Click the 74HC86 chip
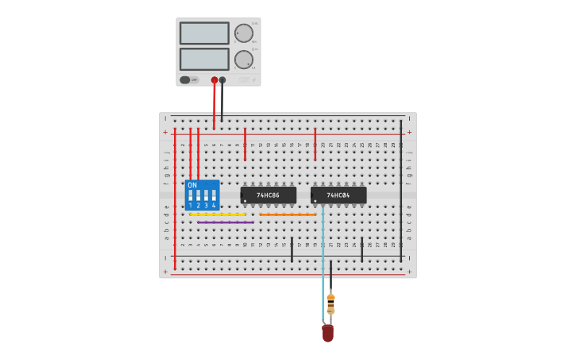269,195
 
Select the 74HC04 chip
338,195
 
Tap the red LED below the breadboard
327,333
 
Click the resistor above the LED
331,304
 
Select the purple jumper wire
226,223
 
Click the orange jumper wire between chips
288,215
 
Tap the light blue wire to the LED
323,262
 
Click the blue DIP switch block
202,195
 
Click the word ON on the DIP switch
192,185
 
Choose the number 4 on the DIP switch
214,206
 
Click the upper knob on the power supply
243,33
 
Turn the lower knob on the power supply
243,60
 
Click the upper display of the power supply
204,33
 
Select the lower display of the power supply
204,60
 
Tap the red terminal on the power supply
215,79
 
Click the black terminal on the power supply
222,79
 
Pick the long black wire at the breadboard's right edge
401,191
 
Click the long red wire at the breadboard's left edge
175,199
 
